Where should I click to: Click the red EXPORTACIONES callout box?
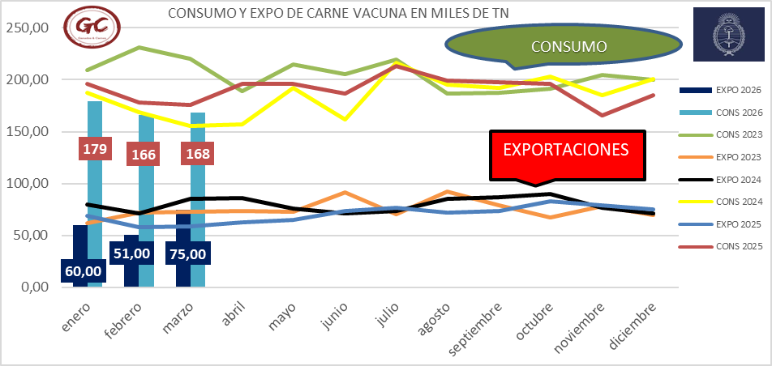567,151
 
